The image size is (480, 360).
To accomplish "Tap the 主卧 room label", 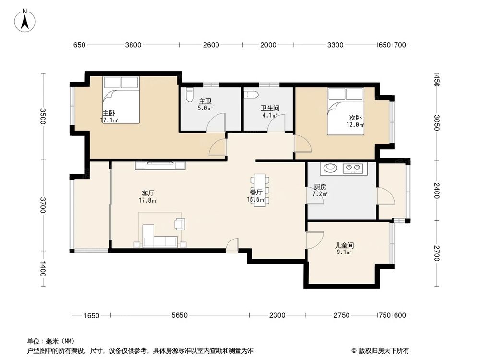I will click(108, 113).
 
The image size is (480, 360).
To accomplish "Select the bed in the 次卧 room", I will click(345, 111).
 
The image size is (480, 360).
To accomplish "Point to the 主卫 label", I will click(205, 101).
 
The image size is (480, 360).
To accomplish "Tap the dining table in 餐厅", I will click(260, 190).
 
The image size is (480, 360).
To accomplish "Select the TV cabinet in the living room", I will click(160, 166).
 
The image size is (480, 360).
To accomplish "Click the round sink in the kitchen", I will click(331, 168).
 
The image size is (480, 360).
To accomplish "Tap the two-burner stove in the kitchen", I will click(354, 168).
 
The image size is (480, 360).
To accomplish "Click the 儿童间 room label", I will click(344, 245).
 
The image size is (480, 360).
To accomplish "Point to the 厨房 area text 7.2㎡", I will click(320, 194).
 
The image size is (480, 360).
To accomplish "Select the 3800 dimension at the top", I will click(133, 45).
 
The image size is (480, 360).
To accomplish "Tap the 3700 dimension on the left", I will click(43, 205).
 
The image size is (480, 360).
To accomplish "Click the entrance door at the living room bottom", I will click(232, 245).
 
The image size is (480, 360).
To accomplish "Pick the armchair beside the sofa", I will click(180, 224).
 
